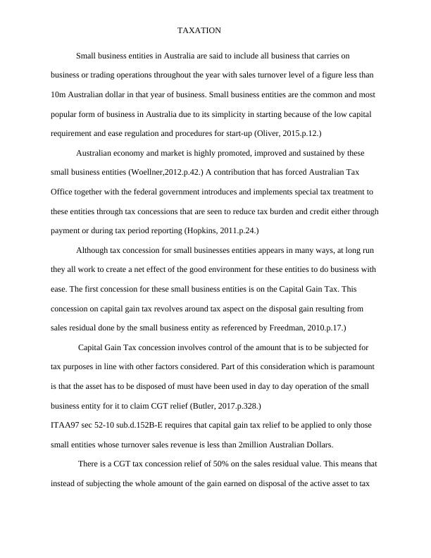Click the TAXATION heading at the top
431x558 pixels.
200,31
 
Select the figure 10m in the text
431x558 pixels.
59,94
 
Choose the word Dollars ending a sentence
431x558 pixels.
318,445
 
